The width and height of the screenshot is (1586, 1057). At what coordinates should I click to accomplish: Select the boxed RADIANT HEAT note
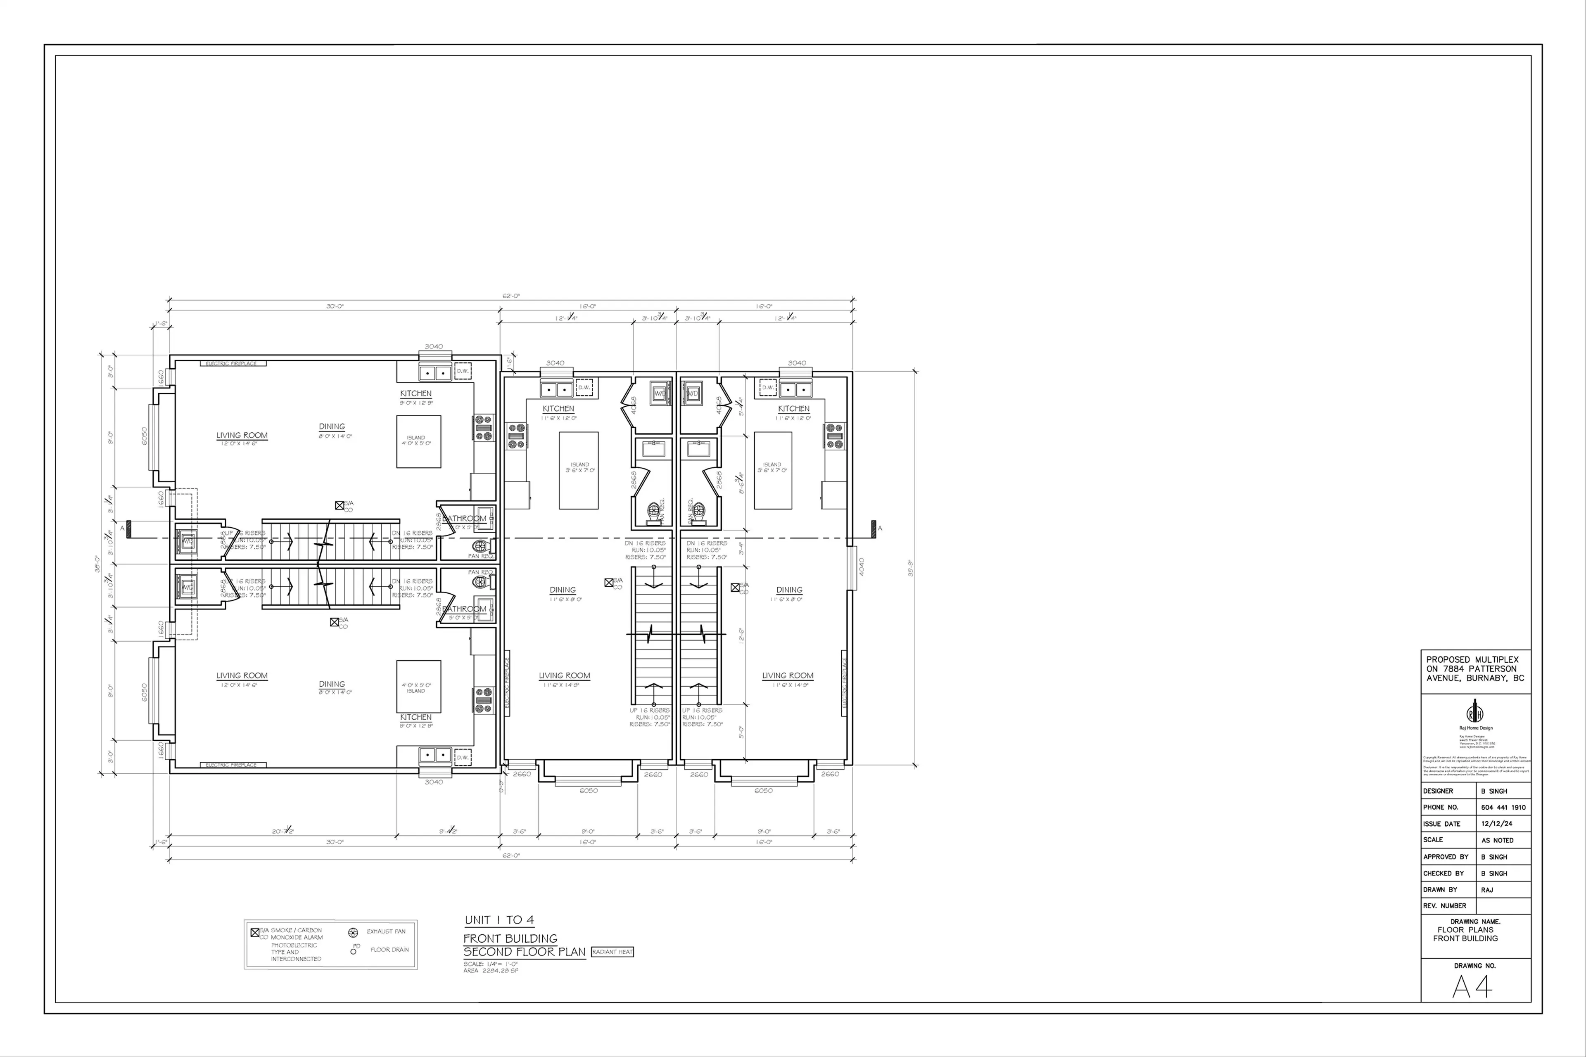click(612, 952)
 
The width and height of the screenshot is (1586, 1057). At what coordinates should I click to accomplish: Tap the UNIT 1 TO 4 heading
click(499, 920)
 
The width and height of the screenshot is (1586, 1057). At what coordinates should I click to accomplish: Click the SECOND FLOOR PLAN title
click(525, 952)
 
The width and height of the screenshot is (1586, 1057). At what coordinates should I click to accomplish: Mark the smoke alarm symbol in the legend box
click(255, 933)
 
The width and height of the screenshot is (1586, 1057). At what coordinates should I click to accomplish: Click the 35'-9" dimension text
click(910, 568)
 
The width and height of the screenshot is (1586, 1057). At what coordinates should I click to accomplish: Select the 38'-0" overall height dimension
click(98, 563)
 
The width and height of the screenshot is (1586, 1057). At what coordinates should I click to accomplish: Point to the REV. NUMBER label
click(1444, 906)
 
